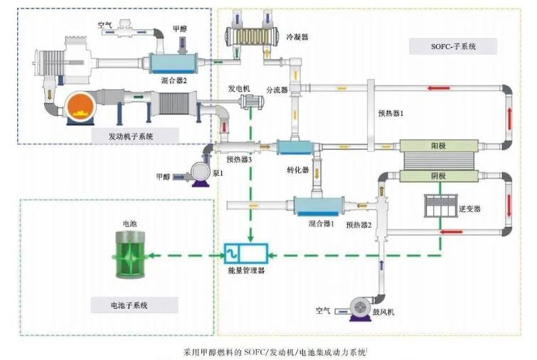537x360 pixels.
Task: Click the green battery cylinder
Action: (129, 255)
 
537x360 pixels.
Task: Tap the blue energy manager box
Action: (246, 253)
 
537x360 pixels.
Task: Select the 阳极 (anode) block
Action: (439, 146)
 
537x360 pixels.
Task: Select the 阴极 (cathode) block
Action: (439, 176)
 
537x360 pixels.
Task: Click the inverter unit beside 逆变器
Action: (440, 206)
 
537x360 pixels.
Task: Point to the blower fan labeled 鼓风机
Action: (361, 309)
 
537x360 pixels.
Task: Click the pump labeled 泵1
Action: (201, 174)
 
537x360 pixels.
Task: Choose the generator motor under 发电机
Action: (252, 102)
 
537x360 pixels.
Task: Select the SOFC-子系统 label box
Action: (453, 46)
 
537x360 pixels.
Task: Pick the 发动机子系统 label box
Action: (135, 137)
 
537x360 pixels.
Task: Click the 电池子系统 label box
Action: (134, 305)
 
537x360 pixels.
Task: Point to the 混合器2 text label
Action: (174, 81)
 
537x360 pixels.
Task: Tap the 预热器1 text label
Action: (390, 113)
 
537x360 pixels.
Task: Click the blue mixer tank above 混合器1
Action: (319, 206)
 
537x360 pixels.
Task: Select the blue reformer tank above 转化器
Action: (295, 147)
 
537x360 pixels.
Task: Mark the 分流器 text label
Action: (277, 90)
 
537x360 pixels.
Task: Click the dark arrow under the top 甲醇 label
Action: (182, 43)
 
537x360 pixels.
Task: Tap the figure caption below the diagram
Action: (275, 352)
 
